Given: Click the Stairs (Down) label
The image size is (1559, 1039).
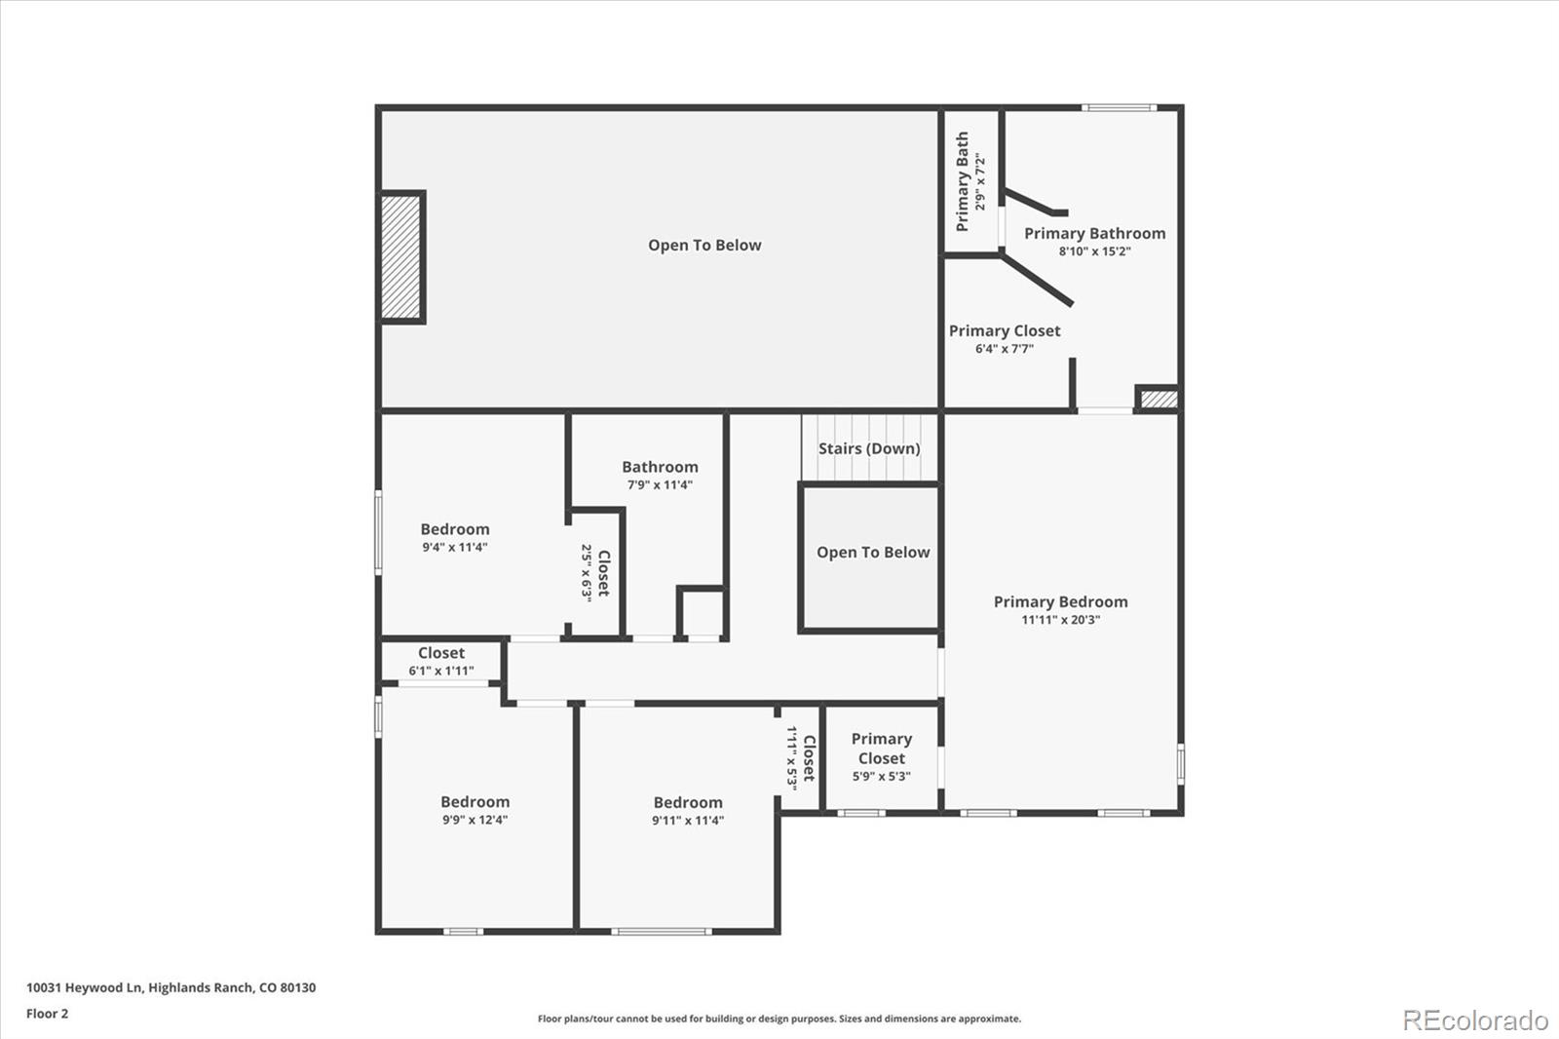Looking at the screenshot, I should [x=868, y=448].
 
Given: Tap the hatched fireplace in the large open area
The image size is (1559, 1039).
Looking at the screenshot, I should [x=401, y=256].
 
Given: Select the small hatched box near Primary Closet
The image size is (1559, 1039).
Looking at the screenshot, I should [x=1159, y=399].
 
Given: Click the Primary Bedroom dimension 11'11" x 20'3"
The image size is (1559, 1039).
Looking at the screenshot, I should [x=1060, y=620].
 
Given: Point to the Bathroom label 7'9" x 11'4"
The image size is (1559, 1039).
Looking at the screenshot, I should [x=660, y=475].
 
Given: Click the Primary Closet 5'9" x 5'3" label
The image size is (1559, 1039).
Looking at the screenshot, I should [x=881, y=757].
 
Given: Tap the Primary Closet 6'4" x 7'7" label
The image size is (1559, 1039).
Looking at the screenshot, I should [x=1005, y=338].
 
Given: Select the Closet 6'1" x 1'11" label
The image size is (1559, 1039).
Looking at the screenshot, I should [x=441, y=661].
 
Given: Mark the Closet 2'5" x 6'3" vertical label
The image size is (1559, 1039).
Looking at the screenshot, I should [x=595, y=572].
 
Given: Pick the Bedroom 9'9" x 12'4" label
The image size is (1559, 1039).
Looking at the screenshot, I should [x=475, y=810].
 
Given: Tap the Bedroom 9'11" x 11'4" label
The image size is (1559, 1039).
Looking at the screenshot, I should [x=688, y=811].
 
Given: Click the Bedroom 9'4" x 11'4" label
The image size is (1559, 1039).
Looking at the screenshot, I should [x=455, y=537].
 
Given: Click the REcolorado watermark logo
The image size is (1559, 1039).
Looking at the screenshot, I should [x=1474, y=1020].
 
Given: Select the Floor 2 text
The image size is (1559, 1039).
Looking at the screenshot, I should [x=48, y=1014].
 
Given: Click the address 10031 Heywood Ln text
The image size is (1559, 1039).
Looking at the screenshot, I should [x=171, y=987].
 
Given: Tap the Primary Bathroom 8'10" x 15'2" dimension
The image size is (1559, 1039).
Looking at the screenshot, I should [x=1094, y=251].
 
